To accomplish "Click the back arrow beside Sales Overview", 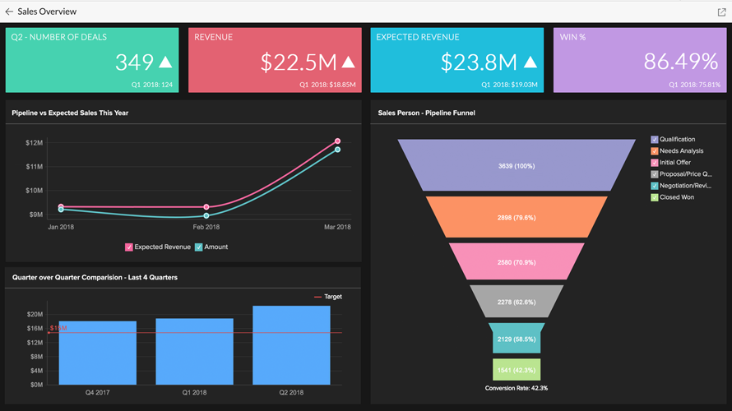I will (9, 12).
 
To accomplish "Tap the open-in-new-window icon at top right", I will (721, 12).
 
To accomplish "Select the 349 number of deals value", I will (134, 62).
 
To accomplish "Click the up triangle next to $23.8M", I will (530, 62).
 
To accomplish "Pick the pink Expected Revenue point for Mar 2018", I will (337, 141).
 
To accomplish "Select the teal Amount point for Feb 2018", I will (206, 215).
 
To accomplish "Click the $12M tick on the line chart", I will (35, 143).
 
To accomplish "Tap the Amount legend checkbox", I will (199, 247).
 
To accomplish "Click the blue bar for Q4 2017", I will (97, 352).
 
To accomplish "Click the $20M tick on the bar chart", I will (35, 314).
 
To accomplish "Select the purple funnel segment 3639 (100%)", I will (517, 166).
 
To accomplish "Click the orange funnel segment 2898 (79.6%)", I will (517, 217).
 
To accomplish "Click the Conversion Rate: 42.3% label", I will (517, 387).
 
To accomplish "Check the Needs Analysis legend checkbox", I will (655, 151).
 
